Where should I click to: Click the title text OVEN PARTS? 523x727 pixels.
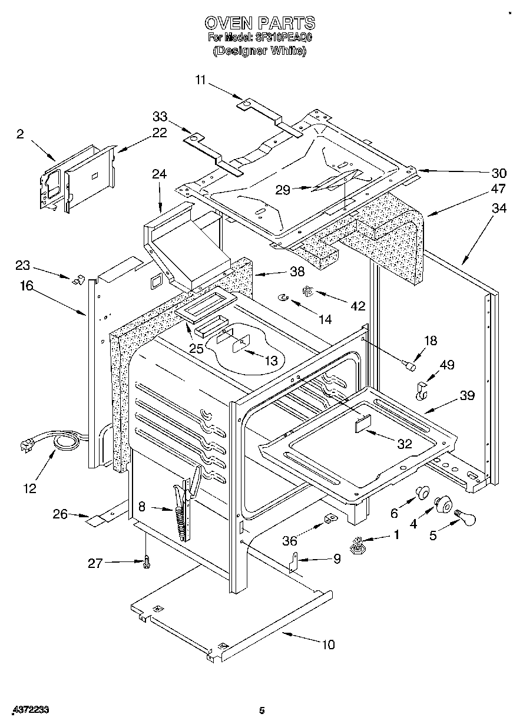tap(260, 23)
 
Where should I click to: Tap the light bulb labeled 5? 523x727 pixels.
tap(465, 518)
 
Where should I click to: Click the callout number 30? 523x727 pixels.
tap(498, 173)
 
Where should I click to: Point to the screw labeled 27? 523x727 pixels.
tap(145, 563)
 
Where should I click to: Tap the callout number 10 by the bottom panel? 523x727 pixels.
tap(327, 645)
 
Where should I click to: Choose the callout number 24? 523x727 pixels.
tap(159, 174)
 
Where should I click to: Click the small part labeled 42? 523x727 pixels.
tap(307, 290)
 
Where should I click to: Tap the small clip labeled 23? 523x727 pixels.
tap(75, 280)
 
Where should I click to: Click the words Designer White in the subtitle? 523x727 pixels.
tap(260, 51)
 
